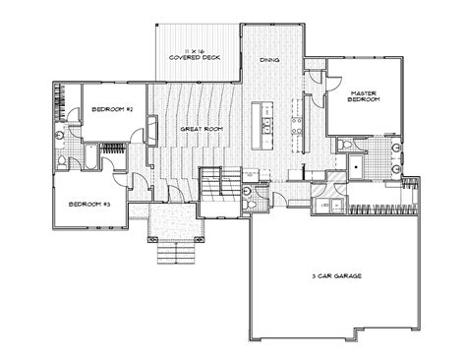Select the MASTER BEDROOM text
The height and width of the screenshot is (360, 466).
[x=365, y=98]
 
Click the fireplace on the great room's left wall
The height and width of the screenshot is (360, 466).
[x=152, y=131]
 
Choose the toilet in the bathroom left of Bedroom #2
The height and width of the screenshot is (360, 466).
[x=62, y=160]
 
